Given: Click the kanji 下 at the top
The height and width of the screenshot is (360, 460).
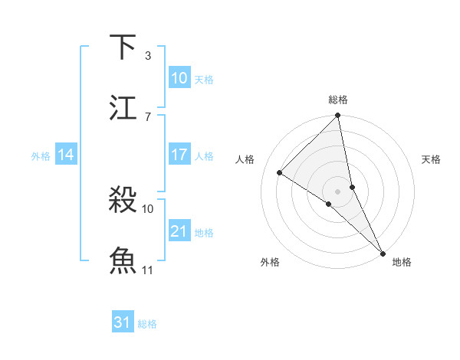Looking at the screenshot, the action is click(123, 47).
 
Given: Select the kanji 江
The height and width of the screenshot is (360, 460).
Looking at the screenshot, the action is click(123, 108).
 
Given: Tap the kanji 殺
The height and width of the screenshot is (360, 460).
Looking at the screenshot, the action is click(123, 200).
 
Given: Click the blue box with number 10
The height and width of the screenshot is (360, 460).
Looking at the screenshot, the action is click(179, 78).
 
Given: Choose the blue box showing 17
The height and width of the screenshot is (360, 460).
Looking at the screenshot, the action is click(179, 155).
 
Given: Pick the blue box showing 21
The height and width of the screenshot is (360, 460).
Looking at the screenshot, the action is click(179, 231).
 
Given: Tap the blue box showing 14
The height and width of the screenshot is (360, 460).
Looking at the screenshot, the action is click(66, 155).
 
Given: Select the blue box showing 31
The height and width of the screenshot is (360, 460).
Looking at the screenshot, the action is click(123, 322).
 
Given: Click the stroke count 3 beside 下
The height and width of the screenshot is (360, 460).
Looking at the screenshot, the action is click(147, 55).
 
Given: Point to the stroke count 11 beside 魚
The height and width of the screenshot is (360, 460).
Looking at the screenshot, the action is click(148, 270).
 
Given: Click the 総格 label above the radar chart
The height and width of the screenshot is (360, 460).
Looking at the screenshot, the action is click(338, 100).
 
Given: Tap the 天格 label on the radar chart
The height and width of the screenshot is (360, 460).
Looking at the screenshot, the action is click(431, 159).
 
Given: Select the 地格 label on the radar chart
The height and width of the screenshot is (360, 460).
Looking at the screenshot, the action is click(402, 262).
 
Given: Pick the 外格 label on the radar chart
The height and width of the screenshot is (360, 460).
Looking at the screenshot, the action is click(270, 262).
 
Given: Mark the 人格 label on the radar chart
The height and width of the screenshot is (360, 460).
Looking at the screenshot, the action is click(245, 159).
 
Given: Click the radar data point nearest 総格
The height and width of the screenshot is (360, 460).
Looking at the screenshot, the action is click(338, 116).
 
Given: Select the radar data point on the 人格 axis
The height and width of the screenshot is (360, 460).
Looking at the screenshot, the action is click(280, 172).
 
